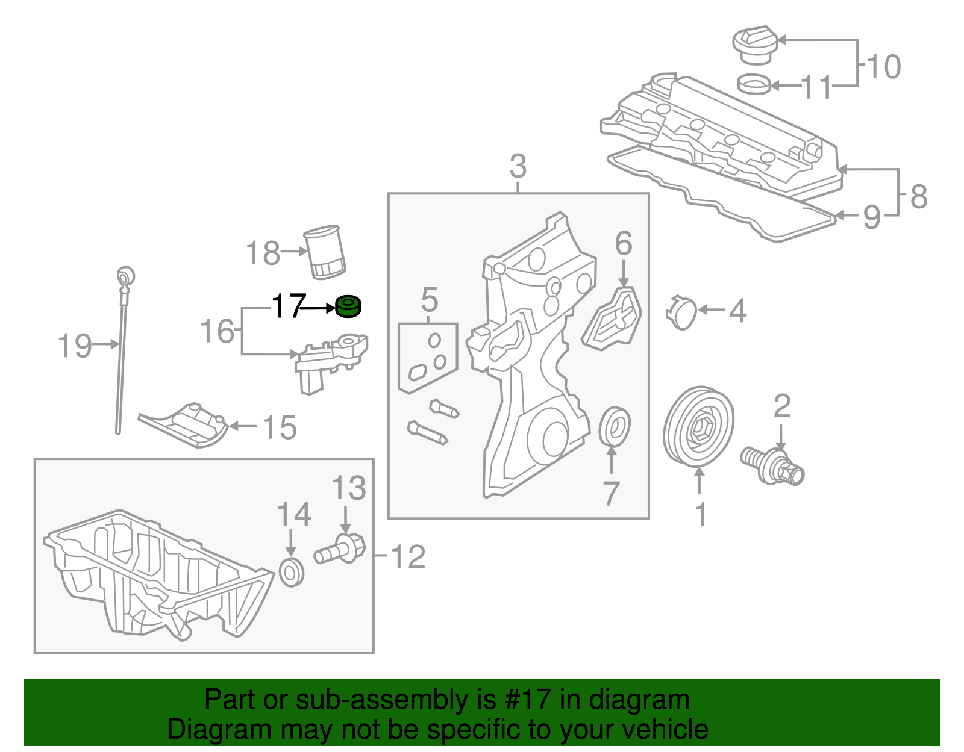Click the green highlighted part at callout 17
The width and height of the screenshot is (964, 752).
click(348, 306)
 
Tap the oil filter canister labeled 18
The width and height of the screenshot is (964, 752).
click(325, 252)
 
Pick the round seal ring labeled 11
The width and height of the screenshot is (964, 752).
click(754, 84)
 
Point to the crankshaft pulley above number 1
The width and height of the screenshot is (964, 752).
click(699, 426)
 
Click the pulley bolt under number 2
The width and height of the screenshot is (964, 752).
click(772, 465)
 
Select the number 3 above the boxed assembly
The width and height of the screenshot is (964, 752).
click(518, 167)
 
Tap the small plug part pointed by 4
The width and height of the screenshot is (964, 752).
click(682, 314)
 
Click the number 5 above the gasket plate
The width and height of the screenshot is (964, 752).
click(429, 300)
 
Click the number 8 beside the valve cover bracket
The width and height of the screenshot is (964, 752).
click(918, 196)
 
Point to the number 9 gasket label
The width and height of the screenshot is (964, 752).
click(872, 217)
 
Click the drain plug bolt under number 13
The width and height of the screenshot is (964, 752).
click(342, 549)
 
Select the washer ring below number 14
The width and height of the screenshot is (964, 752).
click(292, 573)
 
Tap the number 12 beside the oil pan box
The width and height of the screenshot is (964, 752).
click(408, 557)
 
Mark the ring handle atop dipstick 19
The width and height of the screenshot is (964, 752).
click(126, 276)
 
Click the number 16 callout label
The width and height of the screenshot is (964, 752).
click(218, 331)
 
